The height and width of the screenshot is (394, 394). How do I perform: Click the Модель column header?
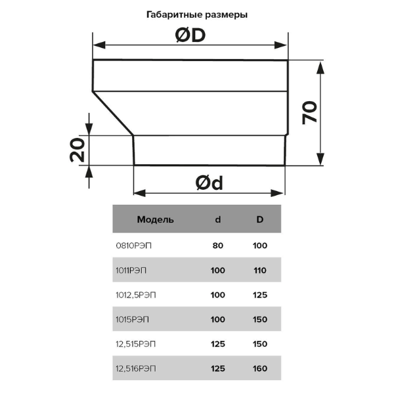(155, 219)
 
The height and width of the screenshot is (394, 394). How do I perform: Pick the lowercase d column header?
(218, 219)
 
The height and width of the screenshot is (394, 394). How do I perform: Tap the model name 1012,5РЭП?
(135, 295)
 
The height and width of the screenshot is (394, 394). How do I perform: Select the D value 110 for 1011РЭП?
(259, 270)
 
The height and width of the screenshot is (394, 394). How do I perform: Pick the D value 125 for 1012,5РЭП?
(259, 295)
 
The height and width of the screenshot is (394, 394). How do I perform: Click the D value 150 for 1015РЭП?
(259, 319)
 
